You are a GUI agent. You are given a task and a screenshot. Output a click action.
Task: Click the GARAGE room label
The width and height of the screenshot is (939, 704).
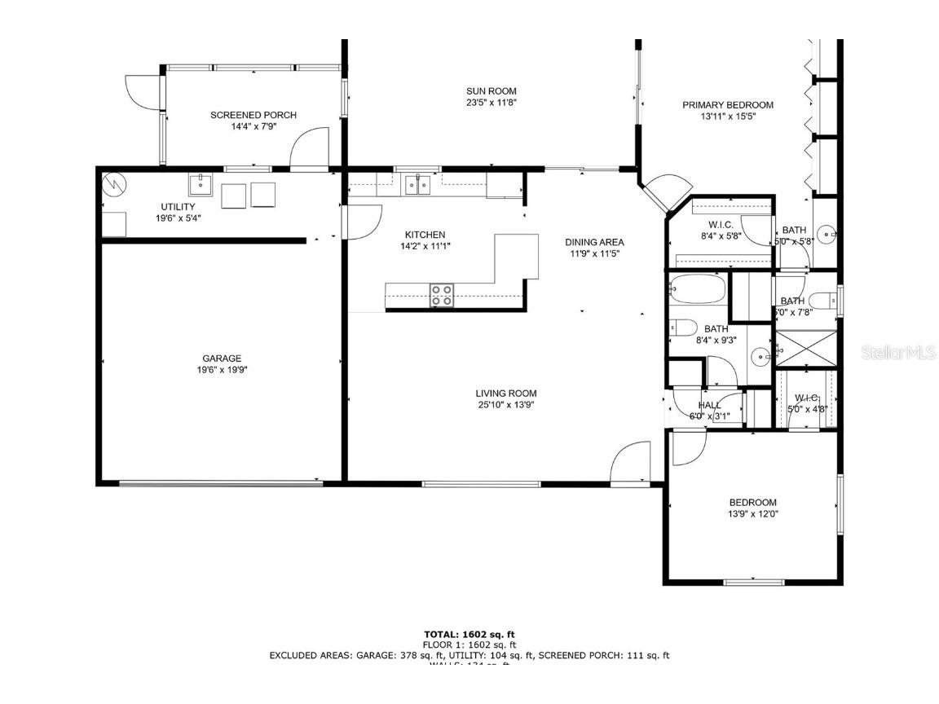point(222,359)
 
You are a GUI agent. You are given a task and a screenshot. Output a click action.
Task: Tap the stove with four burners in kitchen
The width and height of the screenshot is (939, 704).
point(442,295)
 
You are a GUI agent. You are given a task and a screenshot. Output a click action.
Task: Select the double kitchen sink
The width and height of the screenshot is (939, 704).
point(419,186)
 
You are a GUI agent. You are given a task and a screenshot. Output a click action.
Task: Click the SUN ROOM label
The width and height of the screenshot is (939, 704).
point(492,91)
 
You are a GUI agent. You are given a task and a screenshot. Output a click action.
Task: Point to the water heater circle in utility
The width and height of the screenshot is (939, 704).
point(113,185)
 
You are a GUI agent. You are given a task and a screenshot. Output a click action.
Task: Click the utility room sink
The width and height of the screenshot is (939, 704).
point(201,185)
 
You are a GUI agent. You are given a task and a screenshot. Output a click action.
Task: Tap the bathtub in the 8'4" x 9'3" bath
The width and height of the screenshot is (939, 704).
point(698,289)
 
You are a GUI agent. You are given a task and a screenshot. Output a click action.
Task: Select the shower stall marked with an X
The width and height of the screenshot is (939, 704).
point(805,349)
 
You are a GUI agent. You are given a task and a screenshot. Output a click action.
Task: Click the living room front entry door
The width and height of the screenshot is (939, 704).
point(630,466)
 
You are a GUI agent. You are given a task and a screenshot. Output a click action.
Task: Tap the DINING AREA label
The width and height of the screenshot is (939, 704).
point(595,242)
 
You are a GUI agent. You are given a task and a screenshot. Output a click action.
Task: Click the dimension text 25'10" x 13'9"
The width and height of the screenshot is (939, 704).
point(507,405)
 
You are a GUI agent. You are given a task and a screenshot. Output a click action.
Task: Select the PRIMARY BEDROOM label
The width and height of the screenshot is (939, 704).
point(728,105)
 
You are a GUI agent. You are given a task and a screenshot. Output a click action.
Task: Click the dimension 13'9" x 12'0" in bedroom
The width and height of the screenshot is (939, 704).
point(752,514)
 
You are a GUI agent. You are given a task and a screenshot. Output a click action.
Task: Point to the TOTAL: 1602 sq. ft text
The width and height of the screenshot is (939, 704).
point(469,634)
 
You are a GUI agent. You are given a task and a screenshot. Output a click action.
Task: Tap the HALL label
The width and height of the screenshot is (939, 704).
point(710,405)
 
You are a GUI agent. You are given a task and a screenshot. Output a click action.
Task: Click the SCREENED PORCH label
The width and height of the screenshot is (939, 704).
point(253,115)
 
